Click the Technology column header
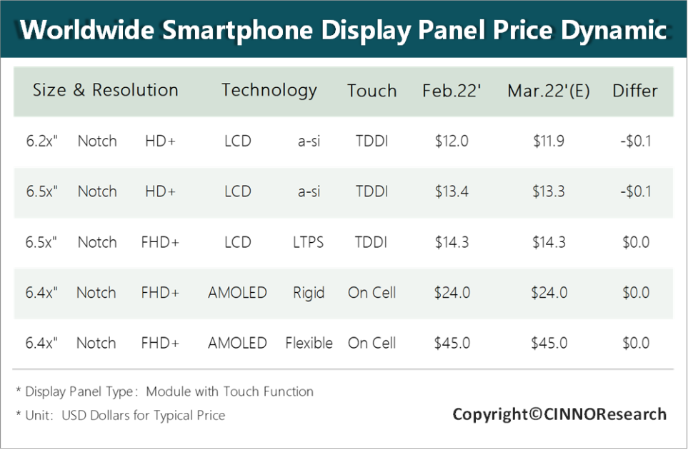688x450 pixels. click(269, 91)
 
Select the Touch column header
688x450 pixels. click(372, 91)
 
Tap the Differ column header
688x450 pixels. click(634, 91)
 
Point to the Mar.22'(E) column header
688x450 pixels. click(548, 91)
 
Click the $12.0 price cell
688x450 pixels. click(452, 141)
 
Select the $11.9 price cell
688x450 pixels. click(549, 141)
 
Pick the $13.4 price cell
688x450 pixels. click(452, 191)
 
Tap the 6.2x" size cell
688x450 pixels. click(41, 141)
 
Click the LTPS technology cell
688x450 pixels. click(309, 242)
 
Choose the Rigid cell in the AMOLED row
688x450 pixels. click(309, 293)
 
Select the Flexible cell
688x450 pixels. click(309, 344)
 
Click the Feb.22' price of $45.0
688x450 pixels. click(452, 344)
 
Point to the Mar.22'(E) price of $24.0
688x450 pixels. click(549, 293)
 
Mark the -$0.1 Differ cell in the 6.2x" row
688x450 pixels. click(635, 141)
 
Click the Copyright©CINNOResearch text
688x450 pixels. click(559, 414)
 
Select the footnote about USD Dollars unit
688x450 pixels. click(120, 415)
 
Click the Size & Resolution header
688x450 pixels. click(105, 91)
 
